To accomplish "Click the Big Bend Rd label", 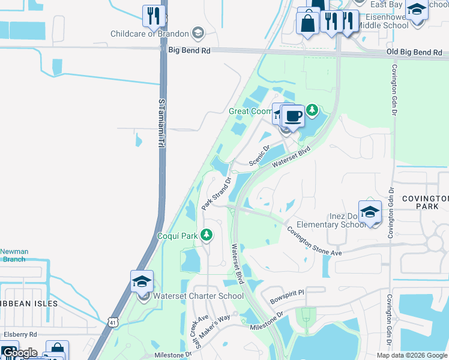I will pyautogui.click(x=189, y=51).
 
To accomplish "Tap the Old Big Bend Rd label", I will pyautogui.click(x=414, y=53).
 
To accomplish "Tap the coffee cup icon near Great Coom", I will pyautogui.click(x=293, y=116).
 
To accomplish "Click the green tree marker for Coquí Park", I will pyautogui.click(x=206, y=235).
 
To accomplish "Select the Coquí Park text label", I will pyautogui.click(x=177, y=236).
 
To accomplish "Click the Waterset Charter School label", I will pyautogui.click(x=198, y=296).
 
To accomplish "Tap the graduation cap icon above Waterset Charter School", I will pyautogui.click(x=142, y=281).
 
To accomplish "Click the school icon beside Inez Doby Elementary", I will pyautogui.click(x=370, y=212).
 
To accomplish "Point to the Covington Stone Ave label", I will pyautogui.click(x=313, y=240).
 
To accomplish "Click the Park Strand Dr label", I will pyautogui.click(x=217, y=193).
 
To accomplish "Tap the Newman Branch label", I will pyautogui.click(x=13, y=256).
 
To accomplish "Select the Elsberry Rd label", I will pyautogui.click(x=20, y=334).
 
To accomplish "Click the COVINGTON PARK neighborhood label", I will pyautogui.click(x=425, y=203).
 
